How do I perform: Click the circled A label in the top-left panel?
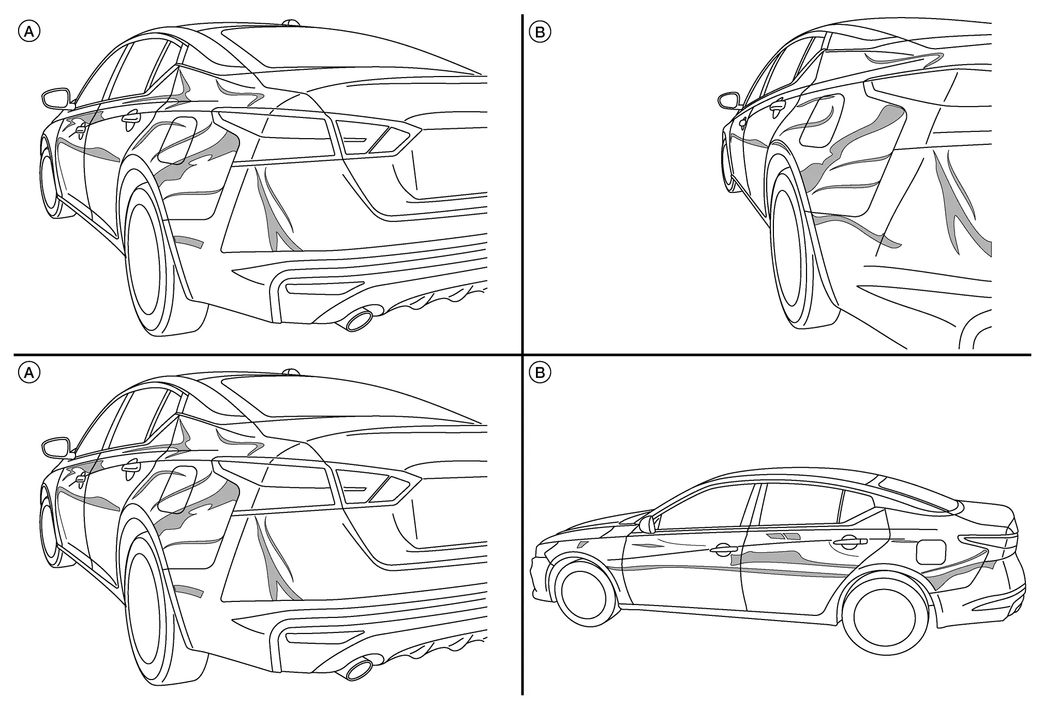29,32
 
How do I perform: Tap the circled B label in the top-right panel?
540,32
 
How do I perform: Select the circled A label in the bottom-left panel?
29,372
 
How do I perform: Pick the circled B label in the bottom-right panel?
540,372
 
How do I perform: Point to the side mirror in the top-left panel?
55,98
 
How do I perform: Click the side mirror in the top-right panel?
728,100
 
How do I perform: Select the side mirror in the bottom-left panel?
55,447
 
